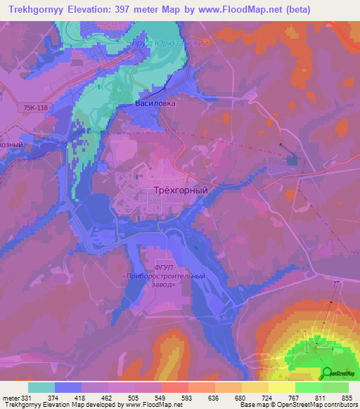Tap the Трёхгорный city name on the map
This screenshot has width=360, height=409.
[x=181, y=190]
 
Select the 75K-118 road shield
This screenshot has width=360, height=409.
[x=36, y=107]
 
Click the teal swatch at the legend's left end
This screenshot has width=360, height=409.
[x=41, y=387]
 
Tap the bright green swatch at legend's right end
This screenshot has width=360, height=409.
[x=335, y=387]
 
